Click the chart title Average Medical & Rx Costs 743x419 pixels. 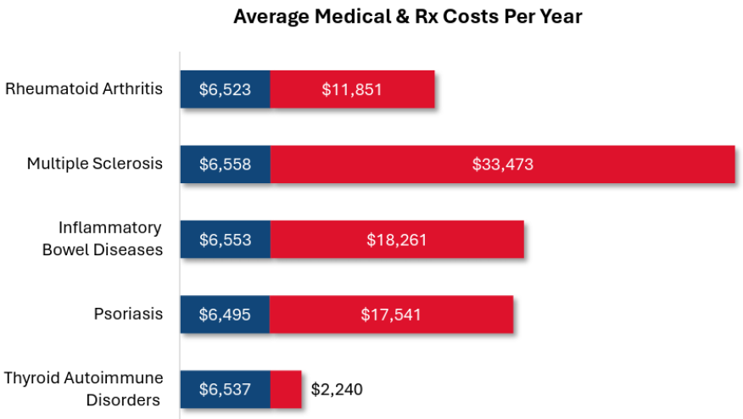(x=408, y=17)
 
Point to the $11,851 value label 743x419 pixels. (x=352, y=89)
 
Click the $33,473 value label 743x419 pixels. (x=502, y=164)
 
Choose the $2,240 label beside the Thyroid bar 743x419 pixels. (x=337, y=389)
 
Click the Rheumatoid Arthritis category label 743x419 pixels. (x=84, y=88)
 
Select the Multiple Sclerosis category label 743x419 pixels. (x=94, y=163)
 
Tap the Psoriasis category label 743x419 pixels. (x=128, y=314)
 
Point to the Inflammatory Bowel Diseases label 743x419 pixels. (x=103, y=238)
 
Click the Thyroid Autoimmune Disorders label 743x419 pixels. (x=84, y=388)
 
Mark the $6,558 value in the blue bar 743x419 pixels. (x=225, y=164)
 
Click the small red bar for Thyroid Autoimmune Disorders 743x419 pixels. (x=286, y=389)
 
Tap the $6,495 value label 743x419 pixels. (x=225, y=315)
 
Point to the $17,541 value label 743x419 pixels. (x=390, y=315)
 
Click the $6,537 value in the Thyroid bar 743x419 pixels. (x=225, y=389)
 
